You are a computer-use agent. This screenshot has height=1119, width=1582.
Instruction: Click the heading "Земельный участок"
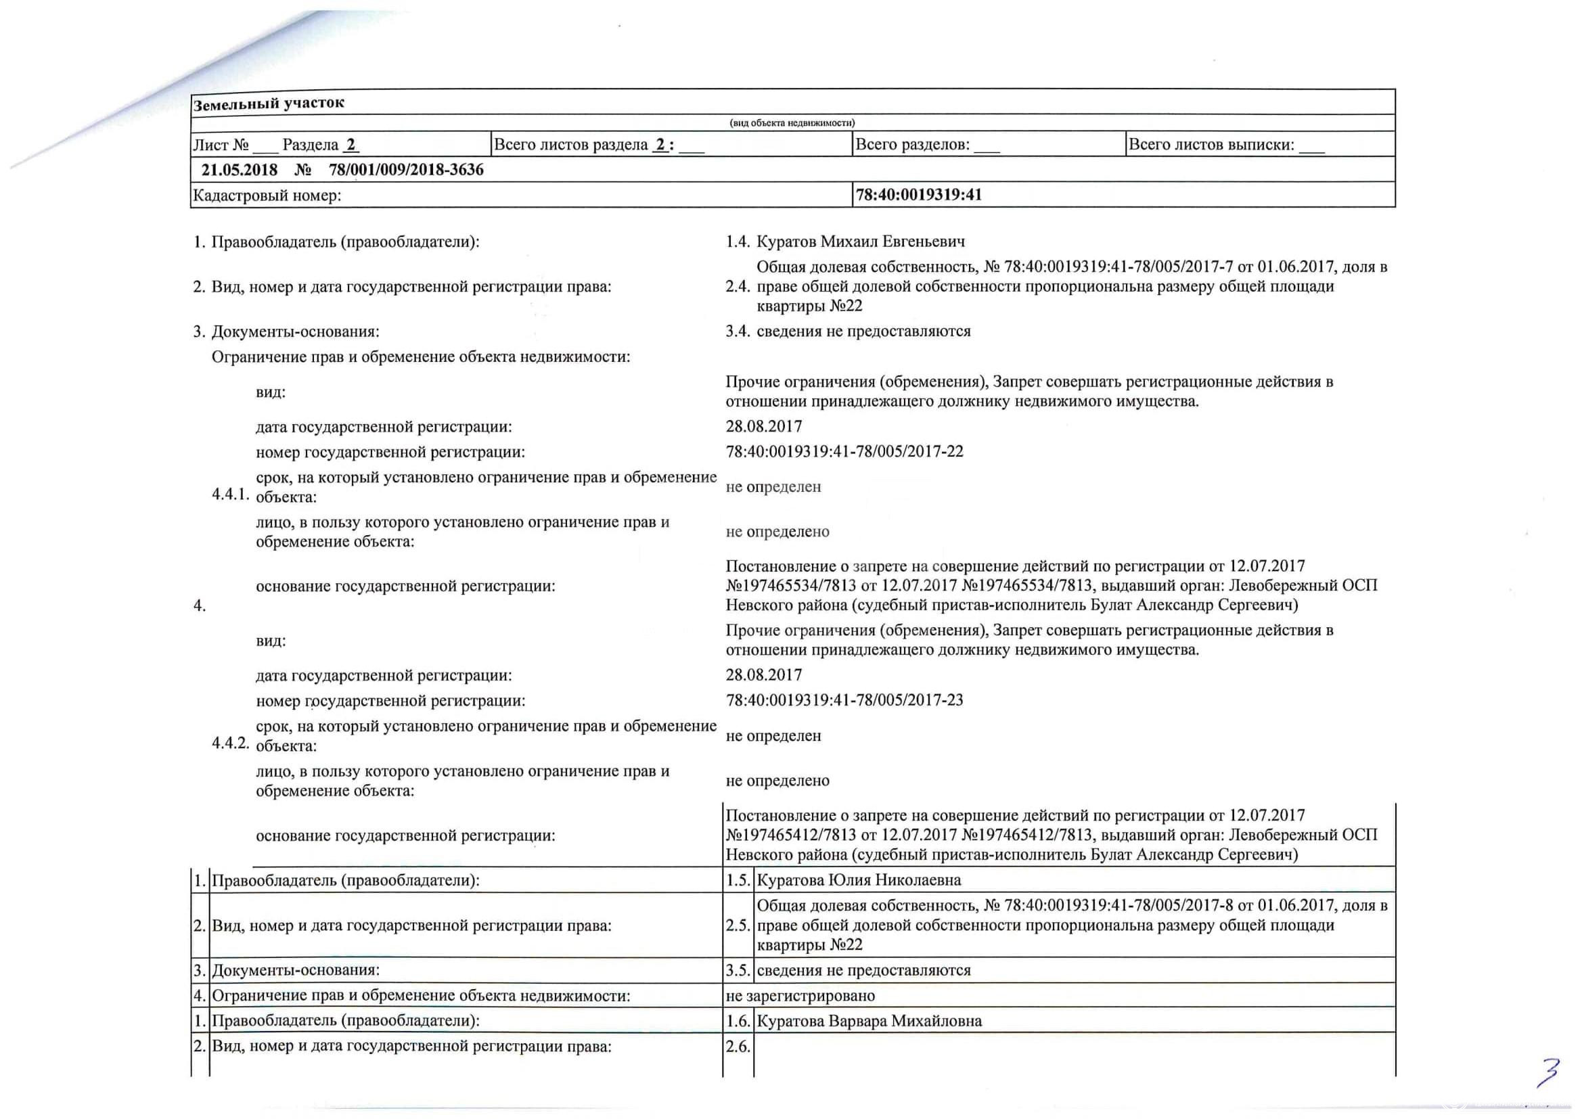[269, 104]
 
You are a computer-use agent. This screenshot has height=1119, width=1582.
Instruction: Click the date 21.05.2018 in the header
[239, 170]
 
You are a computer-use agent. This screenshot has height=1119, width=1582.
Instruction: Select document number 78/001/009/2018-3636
[406, 170]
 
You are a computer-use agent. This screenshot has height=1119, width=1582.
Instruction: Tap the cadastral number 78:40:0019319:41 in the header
[918, 195]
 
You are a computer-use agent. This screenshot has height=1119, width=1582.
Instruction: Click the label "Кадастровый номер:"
[267, 196]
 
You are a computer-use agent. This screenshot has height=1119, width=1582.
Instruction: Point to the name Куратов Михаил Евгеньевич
[861, 242]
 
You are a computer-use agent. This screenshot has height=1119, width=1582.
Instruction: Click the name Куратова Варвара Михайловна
[869, 1020]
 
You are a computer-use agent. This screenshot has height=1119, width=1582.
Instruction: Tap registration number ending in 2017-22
[844, 452]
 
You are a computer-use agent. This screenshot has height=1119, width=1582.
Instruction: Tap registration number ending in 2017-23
[844, 700]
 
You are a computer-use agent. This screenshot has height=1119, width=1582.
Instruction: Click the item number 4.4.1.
[230, 495]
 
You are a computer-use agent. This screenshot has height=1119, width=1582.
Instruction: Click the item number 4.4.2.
[230, 743]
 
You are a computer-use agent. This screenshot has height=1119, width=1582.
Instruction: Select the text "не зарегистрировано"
[800, 996]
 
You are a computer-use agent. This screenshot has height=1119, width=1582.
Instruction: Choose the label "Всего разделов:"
[912, 145]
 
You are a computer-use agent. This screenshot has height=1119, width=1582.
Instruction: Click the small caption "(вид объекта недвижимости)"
[792, 122]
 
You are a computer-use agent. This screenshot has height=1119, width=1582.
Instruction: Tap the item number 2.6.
[738, 1047]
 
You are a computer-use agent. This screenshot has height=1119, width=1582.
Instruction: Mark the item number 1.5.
[738, 880]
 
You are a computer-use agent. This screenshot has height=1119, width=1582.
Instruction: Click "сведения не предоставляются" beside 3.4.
[863, 331]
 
